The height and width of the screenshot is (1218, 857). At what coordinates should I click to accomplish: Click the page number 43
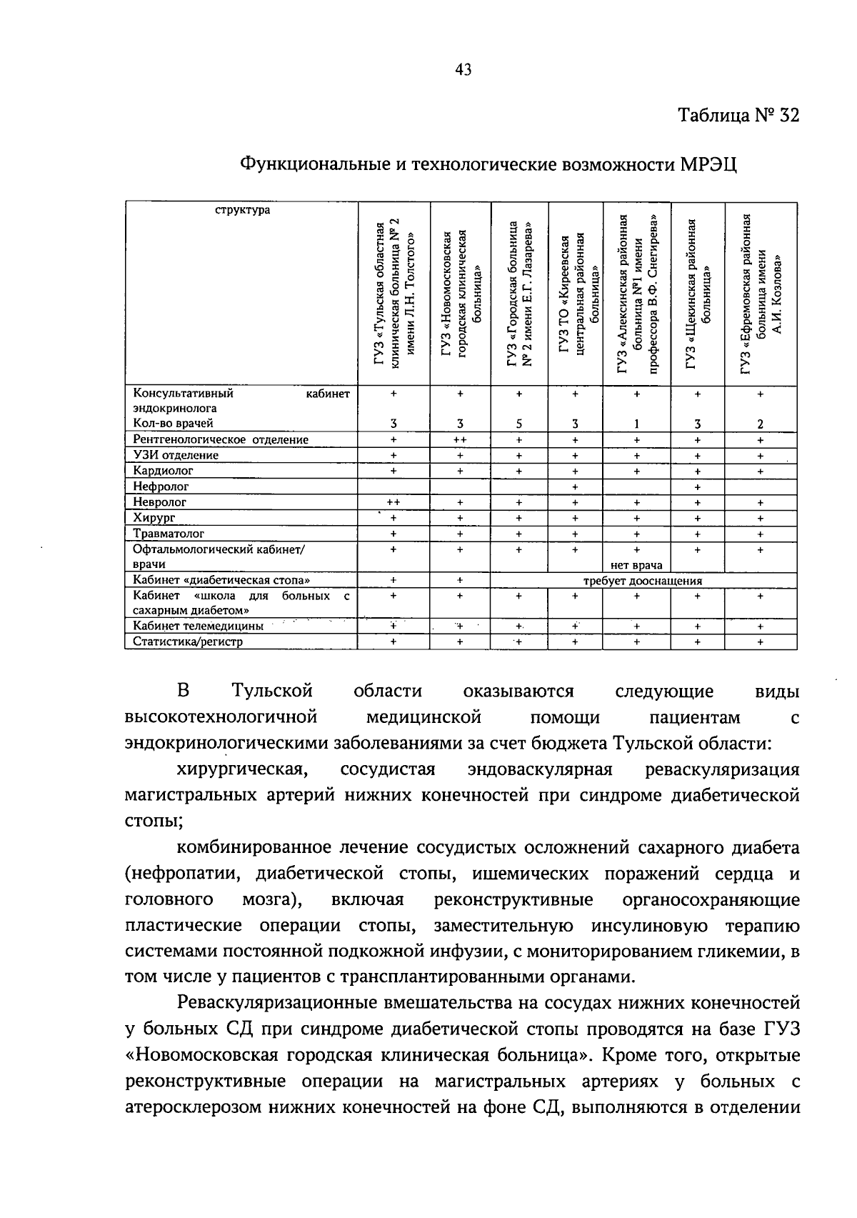463,69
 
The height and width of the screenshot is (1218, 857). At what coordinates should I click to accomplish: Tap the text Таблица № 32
738,116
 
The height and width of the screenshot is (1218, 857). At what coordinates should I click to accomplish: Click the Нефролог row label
161,486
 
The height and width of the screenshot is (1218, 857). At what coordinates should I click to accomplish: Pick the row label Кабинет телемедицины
198,626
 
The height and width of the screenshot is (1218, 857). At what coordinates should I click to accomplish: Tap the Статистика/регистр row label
188,642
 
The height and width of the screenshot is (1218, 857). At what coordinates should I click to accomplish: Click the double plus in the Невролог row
394,502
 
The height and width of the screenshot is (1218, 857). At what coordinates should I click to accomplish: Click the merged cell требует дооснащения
643,581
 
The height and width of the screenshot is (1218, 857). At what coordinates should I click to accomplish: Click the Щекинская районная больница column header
698,293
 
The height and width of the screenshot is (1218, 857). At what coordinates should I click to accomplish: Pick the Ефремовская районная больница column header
761,293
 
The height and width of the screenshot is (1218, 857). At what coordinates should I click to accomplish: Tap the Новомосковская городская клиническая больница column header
460,293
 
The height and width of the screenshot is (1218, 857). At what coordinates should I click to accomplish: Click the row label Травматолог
169,534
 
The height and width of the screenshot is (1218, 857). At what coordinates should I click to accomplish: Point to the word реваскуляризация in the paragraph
721,769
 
